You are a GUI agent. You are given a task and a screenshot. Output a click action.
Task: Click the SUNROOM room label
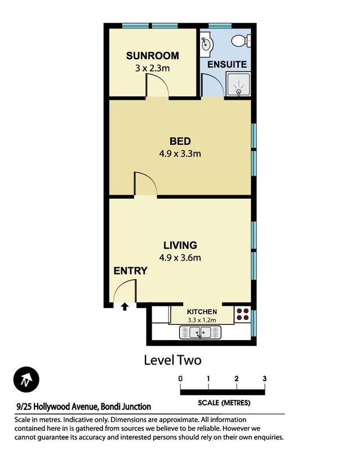[x=152, y=56]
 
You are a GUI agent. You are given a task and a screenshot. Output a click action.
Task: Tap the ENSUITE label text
[x=226, y=64]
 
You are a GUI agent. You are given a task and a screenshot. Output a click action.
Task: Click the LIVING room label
[x=180, y=245]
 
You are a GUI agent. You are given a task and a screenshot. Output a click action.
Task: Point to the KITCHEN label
[x=201, y=311]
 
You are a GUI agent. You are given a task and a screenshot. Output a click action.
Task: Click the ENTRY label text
[x=130, y=271]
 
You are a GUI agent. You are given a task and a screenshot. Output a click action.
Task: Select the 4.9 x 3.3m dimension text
[x=180, y=153]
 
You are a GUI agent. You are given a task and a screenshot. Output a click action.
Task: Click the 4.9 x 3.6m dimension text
[x=180, y=258]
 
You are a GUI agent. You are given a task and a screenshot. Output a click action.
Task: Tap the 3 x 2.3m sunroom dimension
[x=152, y=68]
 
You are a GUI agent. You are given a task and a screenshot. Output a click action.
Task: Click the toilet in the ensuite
[x=239, y=41]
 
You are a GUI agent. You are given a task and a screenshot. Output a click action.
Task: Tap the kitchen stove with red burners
[x=243, y=314]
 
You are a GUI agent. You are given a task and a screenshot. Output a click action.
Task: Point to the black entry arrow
[x=124, y=307]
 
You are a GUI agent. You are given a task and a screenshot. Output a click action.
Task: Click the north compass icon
[x=26, y=381]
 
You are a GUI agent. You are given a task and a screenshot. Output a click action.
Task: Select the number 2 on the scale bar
[x=236, y=378]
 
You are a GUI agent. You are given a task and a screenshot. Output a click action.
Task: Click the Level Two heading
[x=172, y=360]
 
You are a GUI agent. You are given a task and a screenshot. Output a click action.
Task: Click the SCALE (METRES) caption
[x=224, y=403]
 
